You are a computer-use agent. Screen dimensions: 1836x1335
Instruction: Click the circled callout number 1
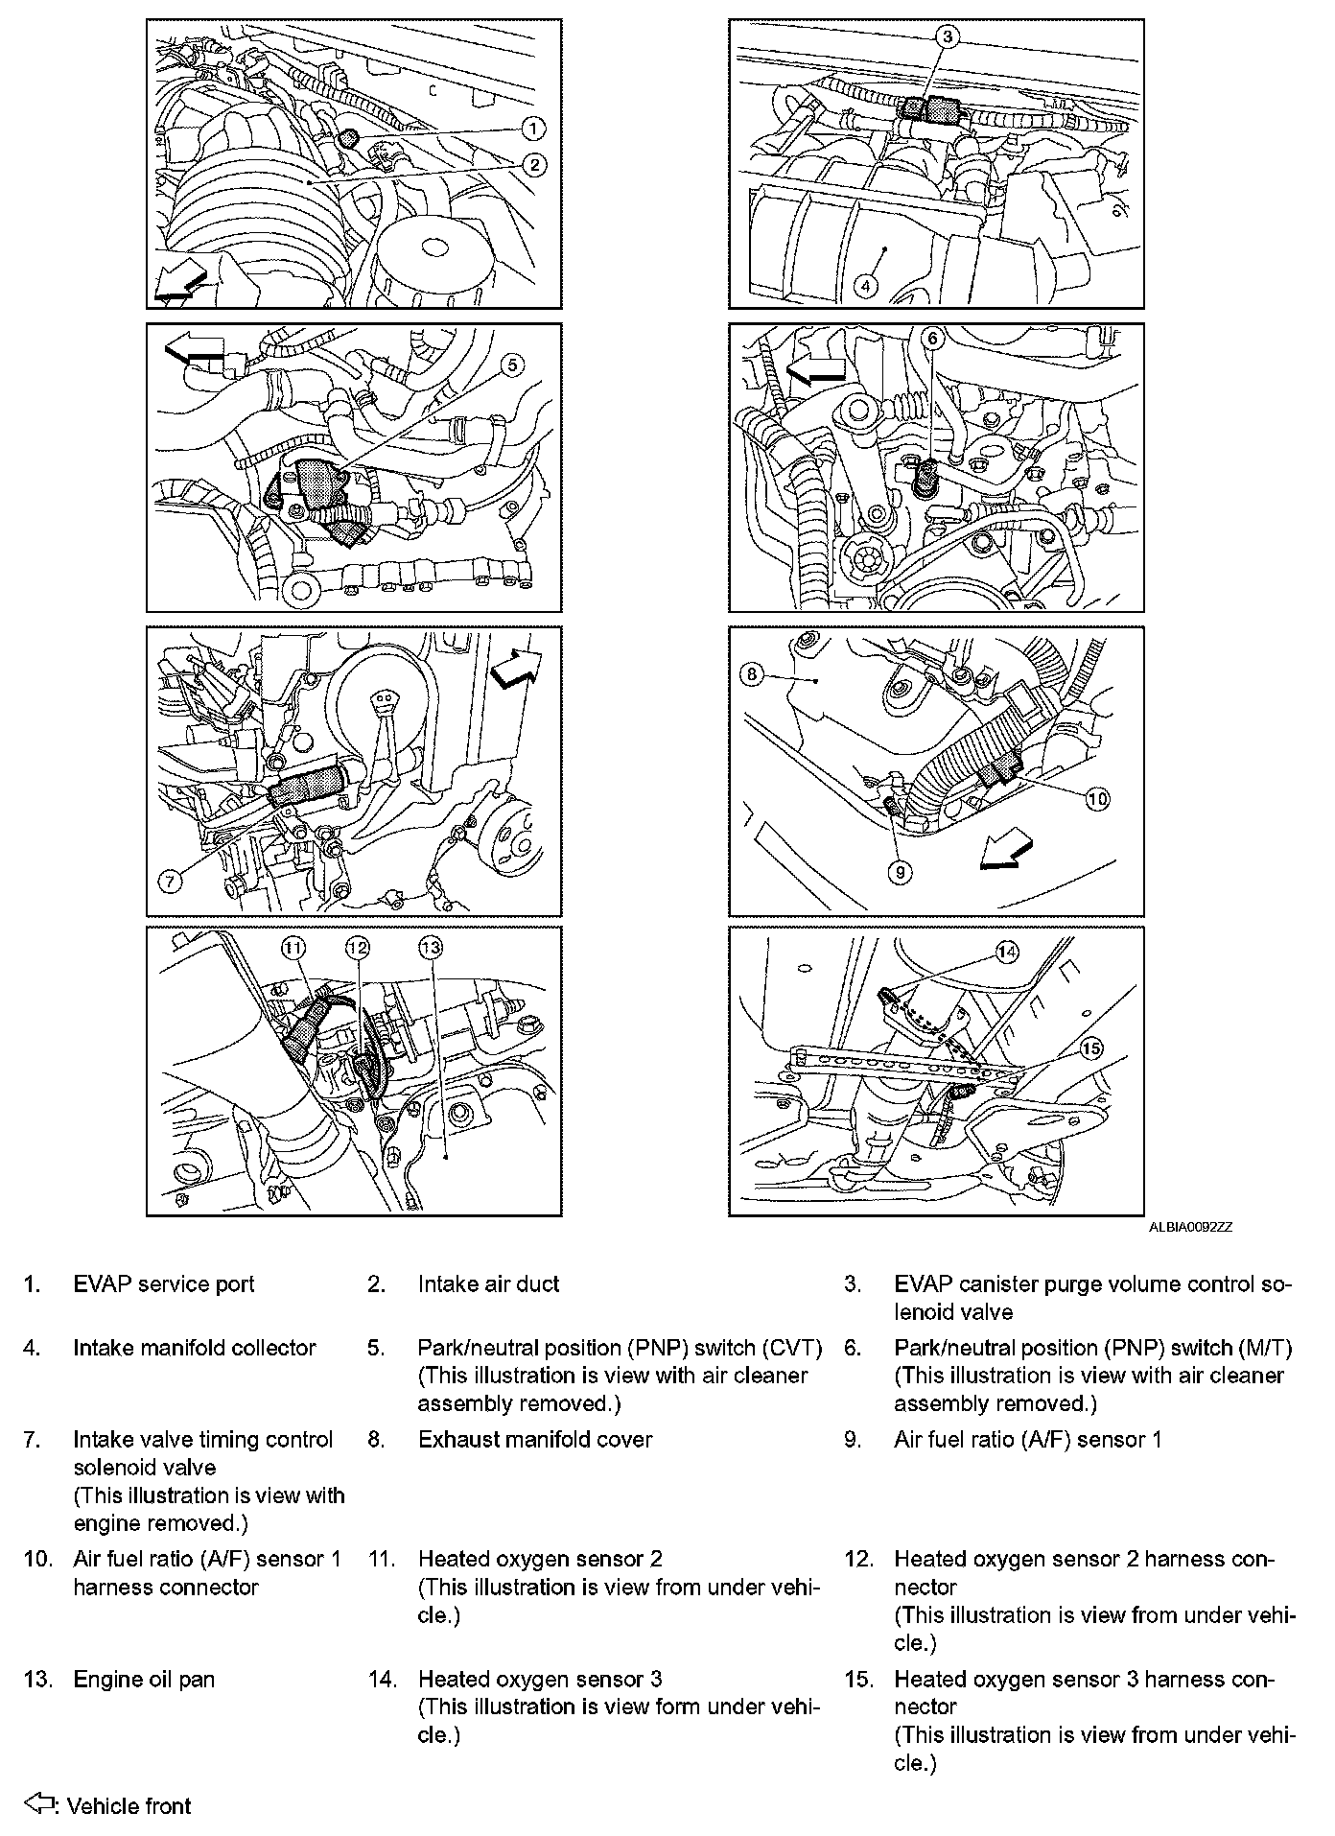533,129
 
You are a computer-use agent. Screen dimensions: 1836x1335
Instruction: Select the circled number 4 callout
865,285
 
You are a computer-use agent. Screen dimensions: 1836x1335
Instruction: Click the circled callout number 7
170,881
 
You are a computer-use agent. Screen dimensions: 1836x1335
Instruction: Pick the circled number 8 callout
752,673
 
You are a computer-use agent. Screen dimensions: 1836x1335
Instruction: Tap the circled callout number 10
1097,797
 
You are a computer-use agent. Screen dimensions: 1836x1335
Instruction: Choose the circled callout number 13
431,948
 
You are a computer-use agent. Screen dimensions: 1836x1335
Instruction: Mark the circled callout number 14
1006,952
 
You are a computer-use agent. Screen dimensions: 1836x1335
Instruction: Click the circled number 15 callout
1091,1048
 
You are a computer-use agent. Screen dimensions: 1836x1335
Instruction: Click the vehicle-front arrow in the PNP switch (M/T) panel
814,369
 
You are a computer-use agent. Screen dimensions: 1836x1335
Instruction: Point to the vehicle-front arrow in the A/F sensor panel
1006,853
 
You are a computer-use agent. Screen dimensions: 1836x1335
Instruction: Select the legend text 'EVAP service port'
164,1283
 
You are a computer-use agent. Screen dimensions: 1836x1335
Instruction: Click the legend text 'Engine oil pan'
144,1679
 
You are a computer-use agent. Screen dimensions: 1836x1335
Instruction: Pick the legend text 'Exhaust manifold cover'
535,1439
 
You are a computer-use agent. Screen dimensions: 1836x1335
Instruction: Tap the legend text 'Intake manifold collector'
195,1347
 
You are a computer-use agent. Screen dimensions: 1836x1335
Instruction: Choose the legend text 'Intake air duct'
488,1283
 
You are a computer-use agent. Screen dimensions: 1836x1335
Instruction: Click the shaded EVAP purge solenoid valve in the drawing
926,110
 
